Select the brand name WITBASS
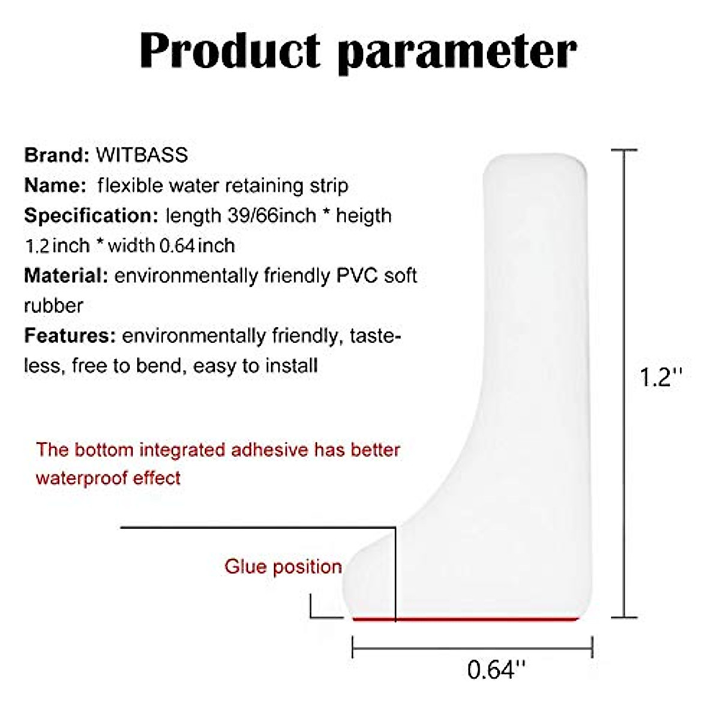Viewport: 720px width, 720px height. pyautogui.click(x=142, y=155)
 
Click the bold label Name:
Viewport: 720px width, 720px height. pyautogui.click(x=55, y=185)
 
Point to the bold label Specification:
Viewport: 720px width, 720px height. pyautogui.click(x=92, y=216)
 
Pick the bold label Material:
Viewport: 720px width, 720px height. pyautogui.click(x=66, y=276)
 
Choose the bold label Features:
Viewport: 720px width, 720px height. pyautogui.click(x=70, y=335)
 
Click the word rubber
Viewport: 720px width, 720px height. pyautogui.click(x=53, y=306)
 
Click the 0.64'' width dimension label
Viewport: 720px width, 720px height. pyautogui.click(x=496, y=670)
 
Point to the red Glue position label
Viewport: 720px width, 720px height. pyautogui.click(x=283, y=567)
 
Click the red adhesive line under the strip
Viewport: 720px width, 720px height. pyautogui.click(x=466, y=619)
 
